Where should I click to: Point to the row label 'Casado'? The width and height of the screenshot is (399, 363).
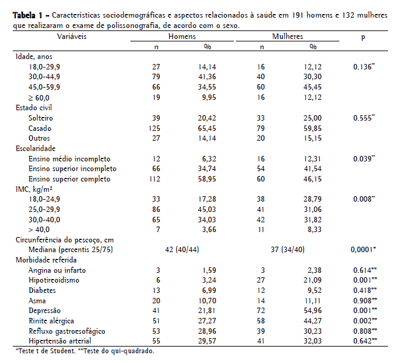(x=40, y=129)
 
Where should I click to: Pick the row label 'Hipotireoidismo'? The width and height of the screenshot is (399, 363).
(x=55, y=281)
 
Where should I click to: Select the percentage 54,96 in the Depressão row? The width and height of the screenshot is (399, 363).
(x=312, y=311)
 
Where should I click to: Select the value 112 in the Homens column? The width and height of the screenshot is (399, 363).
(x=154, y=179)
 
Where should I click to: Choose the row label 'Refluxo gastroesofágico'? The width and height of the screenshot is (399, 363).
(x=66, y=331)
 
